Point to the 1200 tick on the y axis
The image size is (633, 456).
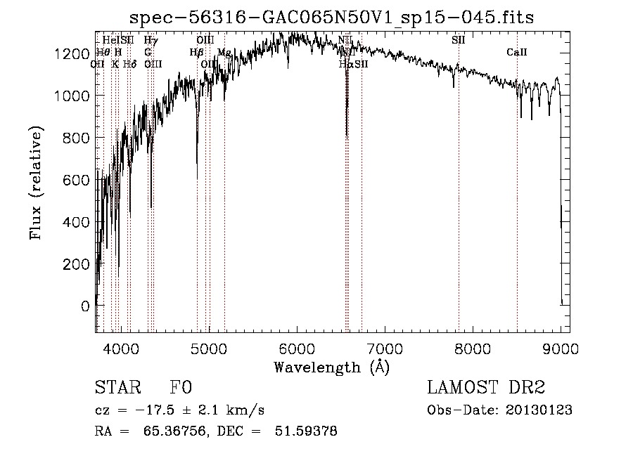click(75, 54)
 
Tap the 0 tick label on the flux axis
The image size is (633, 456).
click(85, 306)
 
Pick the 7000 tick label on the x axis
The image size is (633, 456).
click(385, 346)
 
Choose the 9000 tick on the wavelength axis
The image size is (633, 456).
click(561, 346)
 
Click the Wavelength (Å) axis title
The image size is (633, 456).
click(331, 366)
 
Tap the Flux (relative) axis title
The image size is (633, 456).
click(36, 183)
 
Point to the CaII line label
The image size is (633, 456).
click(517, 53)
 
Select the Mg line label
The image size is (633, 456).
click(224, 53)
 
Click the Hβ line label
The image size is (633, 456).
click(196, 53)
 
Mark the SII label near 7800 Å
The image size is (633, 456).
click(458, 40)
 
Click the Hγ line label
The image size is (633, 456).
click(151, 40)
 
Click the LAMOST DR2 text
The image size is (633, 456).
click(486, 388)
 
